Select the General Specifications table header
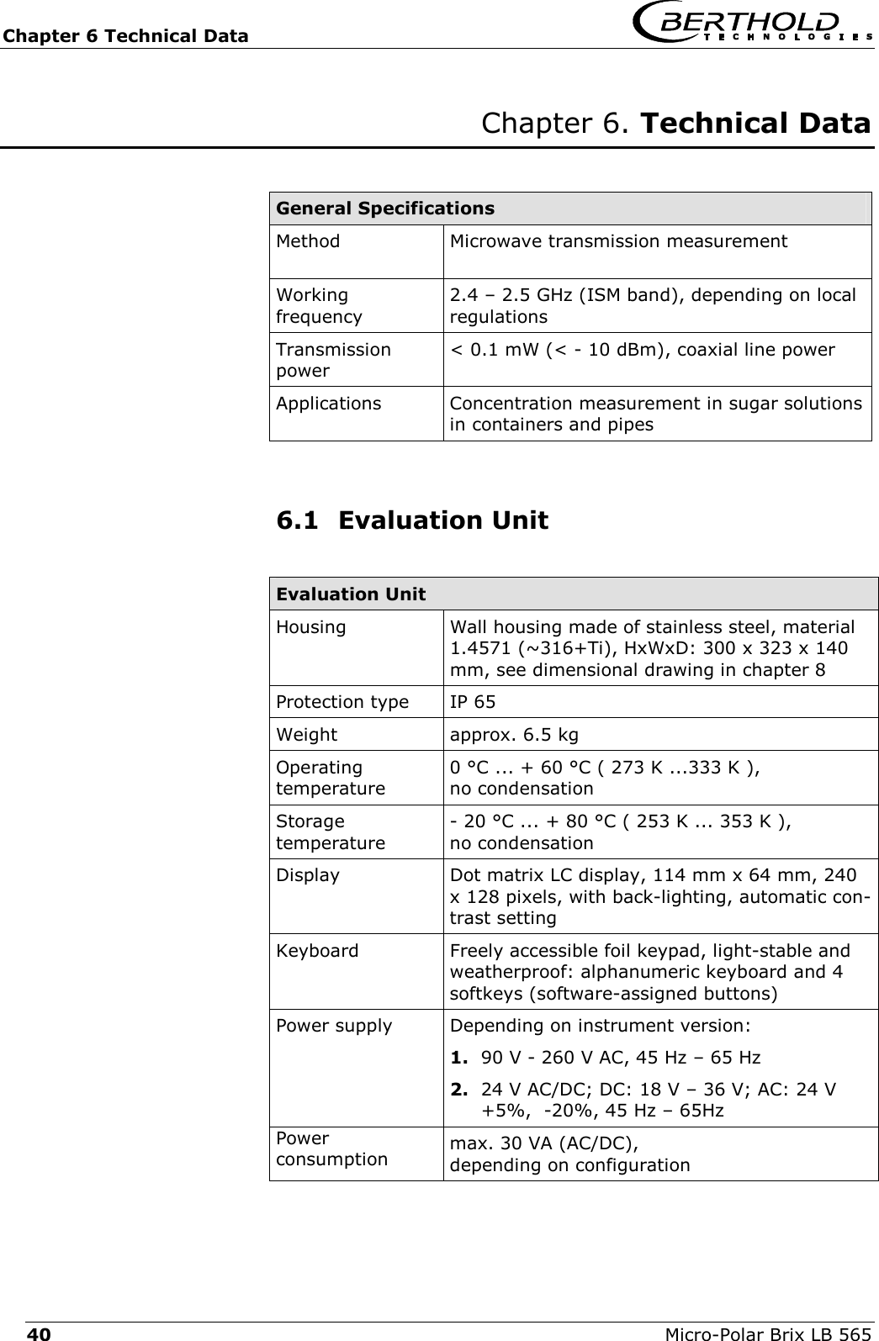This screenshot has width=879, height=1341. pos(385,208)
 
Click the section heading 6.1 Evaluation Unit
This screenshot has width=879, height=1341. pos(412,520)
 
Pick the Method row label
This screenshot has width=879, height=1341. pos(309,242)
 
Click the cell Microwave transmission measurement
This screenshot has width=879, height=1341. pos(618,242)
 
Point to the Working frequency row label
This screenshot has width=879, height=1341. pos(320,306)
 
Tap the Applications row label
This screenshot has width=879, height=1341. pos(328,404)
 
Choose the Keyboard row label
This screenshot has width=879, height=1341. pos(317,952)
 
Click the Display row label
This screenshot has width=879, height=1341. pos(308,875)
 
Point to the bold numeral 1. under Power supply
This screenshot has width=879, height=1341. pos(459,1057)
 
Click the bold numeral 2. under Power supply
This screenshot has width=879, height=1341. pos(459,1090)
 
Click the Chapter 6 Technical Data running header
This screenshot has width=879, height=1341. pos(125,35)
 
